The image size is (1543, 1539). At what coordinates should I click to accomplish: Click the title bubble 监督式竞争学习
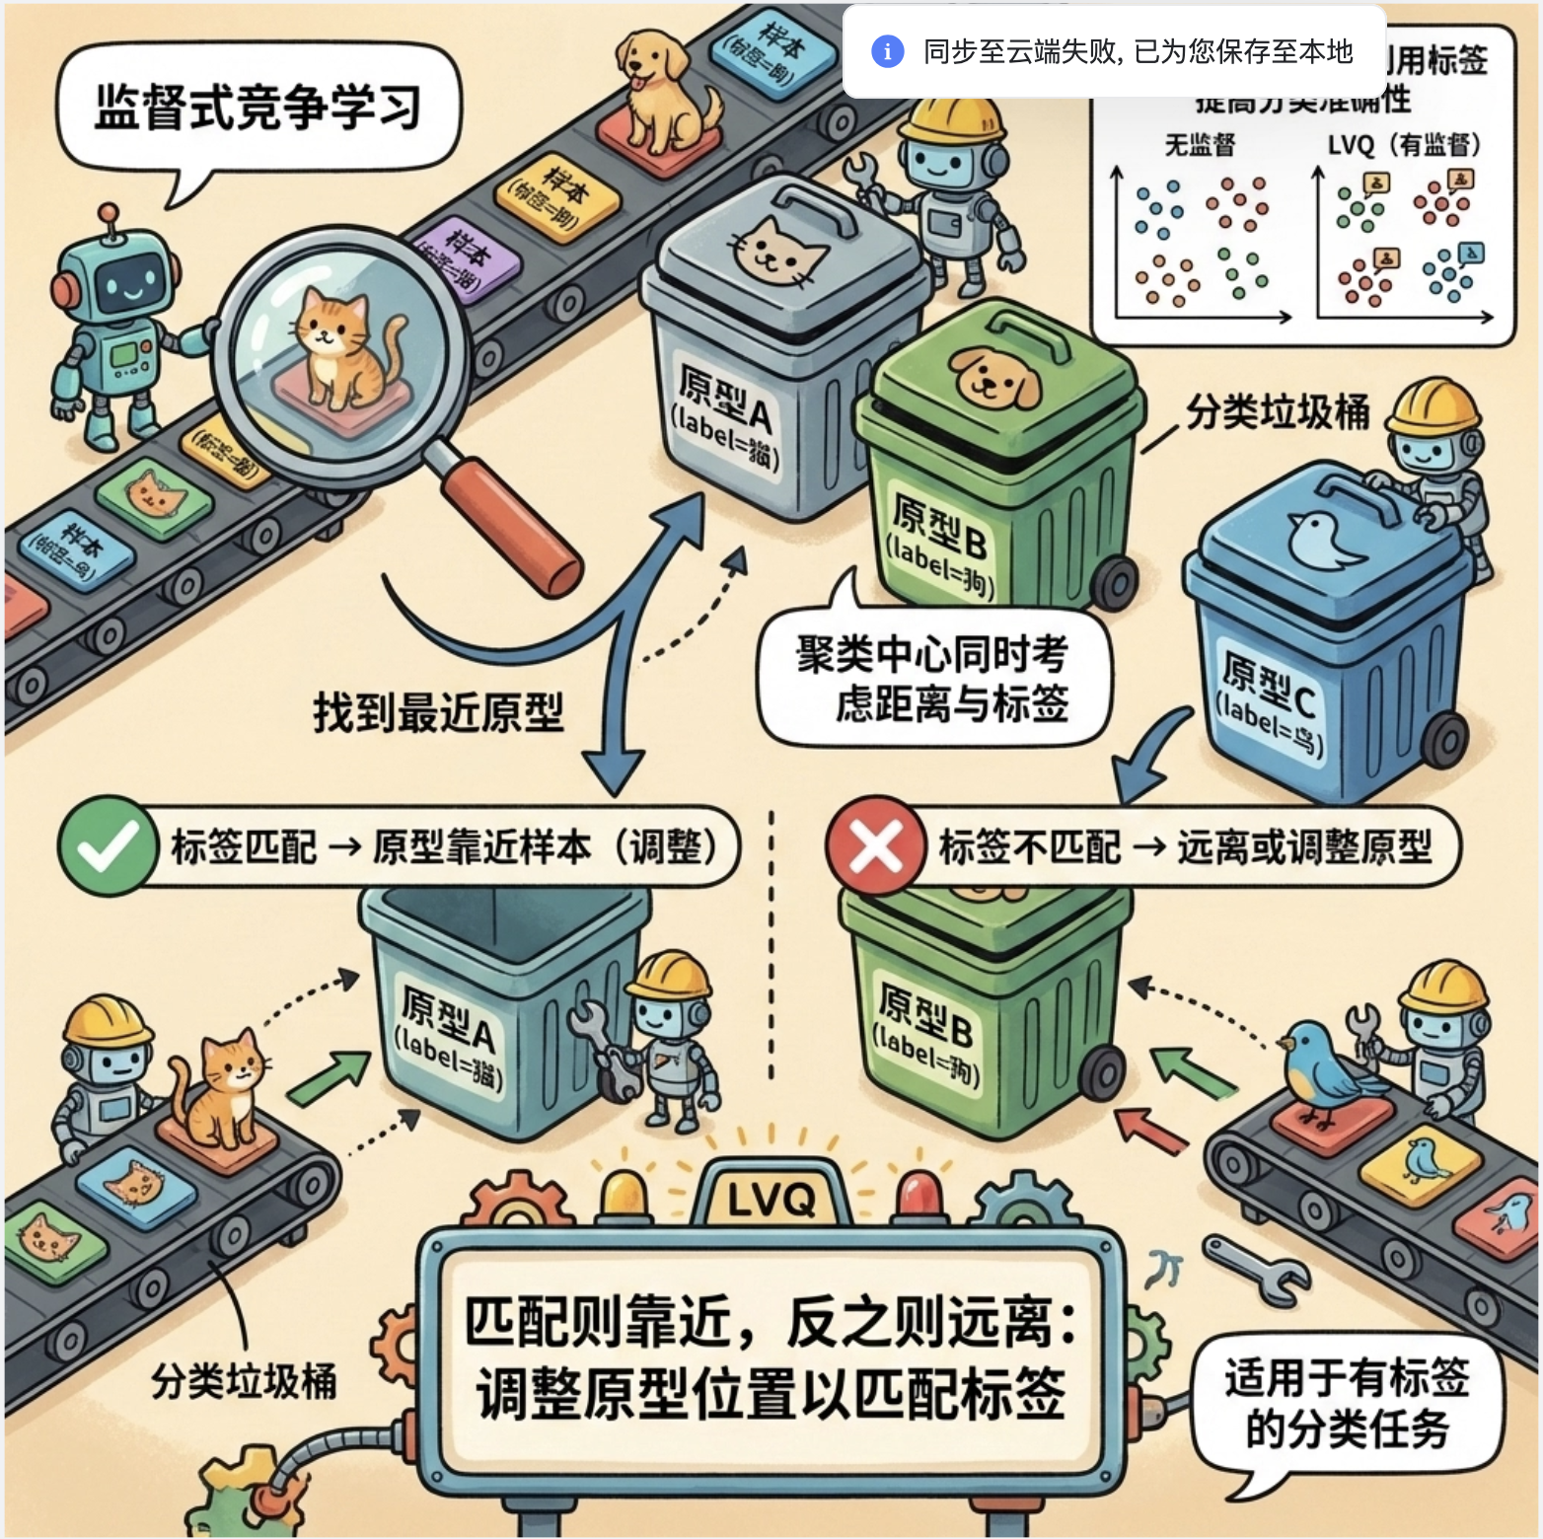[x=257, y=107]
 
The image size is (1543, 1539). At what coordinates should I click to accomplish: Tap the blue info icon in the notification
[x=887, y=51]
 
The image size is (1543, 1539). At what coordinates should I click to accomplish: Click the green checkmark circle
[x=107, y=846]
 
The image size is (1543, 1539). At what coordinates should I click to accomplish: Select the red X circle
[x=876, y=846]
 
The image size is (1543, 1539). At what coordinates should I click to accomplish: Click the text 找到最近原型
[x=438, y=711]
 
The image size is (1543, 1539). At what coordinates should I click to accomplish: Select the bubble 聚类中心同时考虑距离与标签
[x=932, y=679]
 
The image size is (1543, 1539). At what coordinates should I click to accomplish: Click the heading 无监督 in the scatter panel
[x=1200, y=146]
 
